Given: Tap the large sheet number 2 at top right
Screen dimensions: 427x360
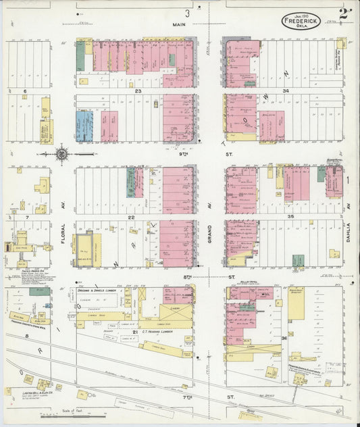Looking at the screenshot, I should click(x=346, y=14).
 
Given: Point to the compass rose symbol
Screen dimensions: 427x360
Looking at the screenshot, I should click(x=61, y=154).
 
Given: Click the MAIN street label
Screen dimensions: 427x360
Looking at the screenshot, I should click(x=178, y=25).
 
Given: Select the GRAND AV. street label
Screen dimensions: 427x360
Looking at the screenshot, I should click(x=209, y=233).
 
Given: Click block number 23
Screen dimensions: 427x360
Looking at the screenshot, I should click(x=137, y=90).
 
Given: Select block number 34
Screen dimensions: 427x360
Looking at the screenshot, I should click(x=286, y=90).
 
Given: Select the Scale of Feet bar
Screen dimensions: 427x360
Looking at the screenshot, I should click(x=68, y=416).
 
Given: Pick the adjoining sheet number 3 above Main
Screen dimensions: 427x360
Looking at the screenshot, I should click(x=188, y=12).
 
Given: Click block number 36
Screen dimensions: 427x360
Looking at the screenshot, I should click(x=284, y=337).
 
